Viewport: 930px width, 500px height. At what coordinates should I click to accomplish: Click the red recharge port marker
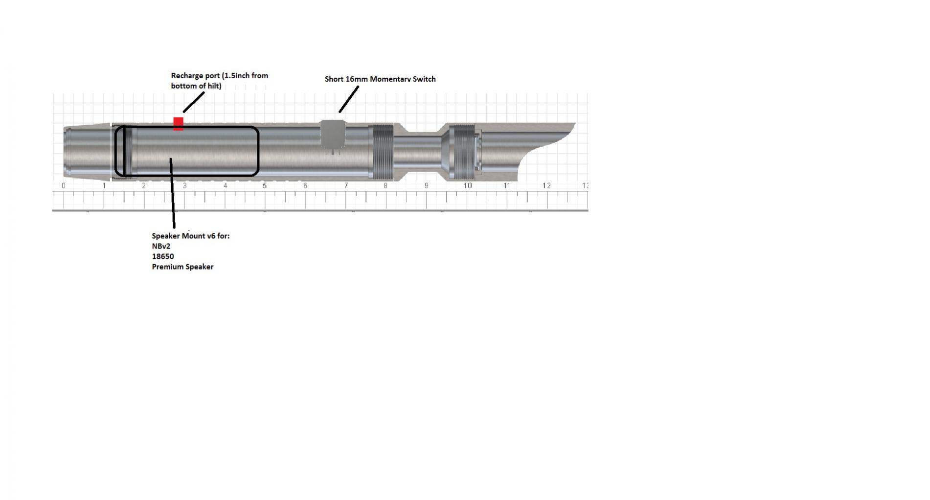tap(178, 124)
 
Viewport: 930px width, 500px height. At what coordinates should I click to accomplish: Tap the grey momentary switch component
tap(333, 135)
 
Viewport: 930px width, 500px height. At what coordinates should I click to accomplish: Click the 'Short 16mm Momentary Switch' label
tap(380, 79)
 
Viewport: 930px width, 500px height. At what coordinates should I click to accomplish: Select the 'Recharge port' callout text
tap(219, 81)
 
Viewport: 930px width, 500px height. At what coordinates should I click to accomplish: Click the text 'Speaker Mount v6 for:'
tap(190, 236)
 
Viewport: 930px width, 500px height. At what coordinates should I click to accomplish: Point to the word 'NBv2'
tap(161, 246)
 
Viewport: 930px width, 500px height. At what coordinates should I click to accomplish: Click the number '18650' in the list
tap(163, 256)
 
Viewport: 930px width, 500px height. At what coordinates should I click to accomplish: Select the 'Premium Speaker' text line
tap(182, 267)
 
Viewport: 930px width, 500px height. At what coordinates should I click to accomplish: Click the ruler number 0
tap(64, 186)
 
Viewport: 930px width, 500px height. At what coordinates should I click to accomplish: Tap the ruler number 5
tap(265, 186)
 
